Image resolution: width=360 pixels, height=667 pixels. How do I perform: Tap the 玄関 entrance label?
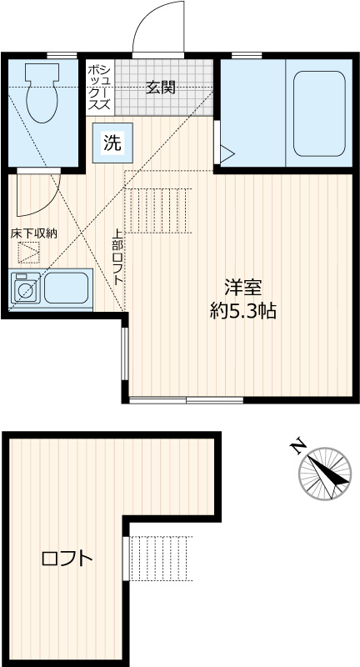[161, 87]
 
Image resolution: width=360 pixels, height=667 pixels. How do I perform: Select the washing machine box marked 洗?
[112, 143]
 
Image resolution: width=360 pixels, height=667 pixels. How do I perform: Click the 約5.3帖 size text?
[242, 312]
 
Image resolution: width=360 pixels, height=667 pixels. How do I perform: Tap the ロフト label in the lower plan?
[67, 559]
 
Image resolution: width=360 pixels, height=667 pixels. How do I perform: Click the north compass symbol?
[324, 474]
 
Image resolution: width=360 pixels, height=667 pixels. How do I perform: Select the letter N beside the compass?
[297, 447]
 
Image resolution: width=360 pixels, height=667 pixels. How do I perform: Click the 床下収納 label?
[33, 233]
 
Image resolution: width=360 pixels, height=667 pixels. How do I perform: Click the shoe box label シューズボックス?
[99, 87]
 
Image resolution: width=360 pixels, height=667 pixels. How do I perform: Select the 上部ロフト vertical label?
[118, 258]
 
